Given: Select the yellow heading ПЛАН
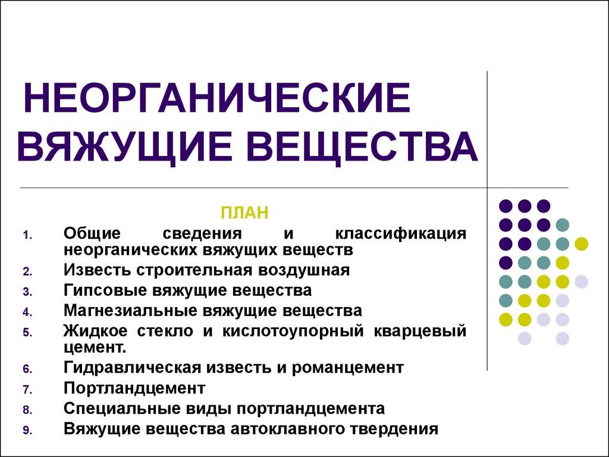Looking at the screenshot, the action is click(244, 213).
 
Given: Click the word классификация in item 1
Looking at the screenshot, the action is click(400, 234).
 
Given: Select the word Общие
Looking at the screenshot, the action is click(92, 234).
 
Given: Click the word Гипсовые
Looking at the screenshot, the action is click(105, 290).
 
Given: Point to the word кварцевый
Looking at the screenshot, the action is click(420, 331).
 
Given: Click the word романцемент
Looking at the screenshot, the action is click(347, 368).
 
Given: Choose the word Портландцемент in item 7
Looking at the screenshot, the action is click(134, 388).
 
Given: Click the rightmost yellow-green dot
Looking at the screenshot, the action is click(581, 244).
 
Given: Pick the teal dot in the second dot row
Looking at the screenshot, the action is click(562, 225).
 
